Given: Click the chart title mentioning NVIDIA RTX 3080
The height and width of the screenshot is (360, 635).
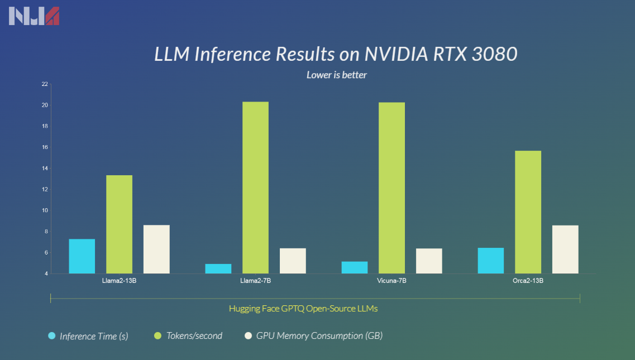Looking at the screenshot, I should [336, 54].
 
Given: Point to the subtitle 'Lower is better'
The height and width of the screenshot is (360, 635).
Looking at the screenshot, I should [336, 74].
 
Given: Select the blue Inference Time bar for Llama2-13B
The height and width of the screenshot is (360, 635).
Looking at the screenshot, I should [82, 256].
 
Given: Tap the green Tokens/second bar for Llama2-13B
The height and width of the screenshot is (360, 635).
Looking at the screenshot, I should [119, 224].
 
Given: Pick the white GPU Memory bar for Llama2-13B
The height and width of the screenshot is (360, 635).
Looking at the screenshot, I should [156, 249].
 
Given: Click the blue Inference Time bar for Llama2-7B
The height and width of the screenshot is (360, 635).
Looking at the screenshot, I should [218, 268].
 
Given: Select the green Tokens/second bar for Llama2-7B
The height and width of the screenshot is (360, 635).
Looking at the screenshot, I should [255, 188].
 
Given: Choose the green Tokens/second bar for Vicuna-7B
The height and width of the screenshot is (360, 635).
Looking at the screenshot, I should [391, 188].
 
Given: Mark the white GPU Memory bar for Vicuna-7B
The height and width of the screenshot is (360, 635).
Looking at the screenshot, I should [429, 261].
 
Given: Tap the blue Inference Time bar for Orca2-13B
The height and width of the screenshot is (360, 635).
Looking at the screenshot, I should [491, 261].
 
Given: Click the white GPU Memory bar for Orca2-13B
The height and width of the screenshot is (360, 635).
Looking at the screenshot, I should [565, 249].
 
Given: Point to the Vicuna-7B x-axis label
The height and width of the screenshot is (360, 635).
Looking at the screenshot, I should [391, 281].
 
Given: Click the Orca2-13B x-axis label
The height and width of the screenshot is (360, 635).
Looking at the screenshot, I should [528, 281].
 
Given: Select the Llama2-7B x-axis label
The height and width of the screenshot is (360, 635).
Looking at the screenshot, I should [255, 281].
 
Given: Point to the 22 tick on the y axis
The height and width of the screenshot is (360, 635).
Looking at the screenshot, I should [44, 84].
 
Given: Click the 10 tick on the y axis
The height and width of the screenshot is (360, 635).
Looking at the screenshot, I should [44, 210].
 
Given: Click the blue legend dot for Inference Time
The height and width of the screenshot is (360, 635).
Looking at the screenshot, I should [52, 336].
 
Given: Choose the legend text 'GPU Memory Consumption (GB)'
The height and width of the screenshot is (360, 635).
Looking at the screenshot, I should [319, 336].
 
